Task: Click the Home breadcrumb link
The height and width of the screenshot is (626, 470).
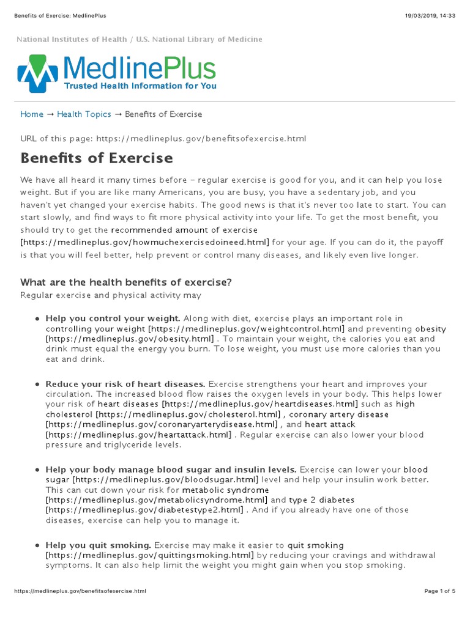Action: tap(32, 114)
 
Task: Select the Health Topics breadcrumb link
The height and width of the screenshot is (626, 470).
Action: tap(84, 114)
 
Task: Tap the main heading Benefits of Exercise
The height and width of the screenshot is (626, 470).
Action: tap(97, 158)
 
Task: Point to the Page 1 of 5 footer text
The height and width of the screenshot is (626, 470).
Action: tap(439, 591)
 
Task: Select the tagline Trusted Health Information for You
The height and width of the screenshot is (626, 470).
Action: tap(140, 87)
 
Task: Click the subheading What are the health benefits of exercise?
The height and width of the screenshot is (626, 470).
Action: tap(126, 282)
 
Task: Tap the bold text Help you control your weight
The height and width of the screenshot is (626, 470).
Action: tap(113, 319)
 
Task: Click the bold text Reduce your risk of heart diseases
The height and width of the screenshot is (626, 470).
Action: tap(125, 384)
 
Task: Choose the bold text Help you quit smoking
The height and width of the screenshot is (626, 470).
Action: tap(98, 545)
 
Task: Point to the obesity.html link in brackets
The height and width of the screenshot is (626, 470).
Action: tap(130, 339)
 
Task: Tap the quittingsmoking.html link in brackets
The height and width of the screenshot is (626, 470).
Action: tap(149, 555)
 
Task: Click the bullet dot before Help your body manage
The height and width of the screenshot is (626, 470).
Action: tap(38, 470)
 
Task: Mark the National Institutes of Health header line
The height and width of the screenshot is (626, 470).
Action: tap(140, 40)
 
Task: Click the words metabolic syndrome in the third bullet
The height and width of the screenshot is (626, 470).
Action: tap(226, 490)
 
